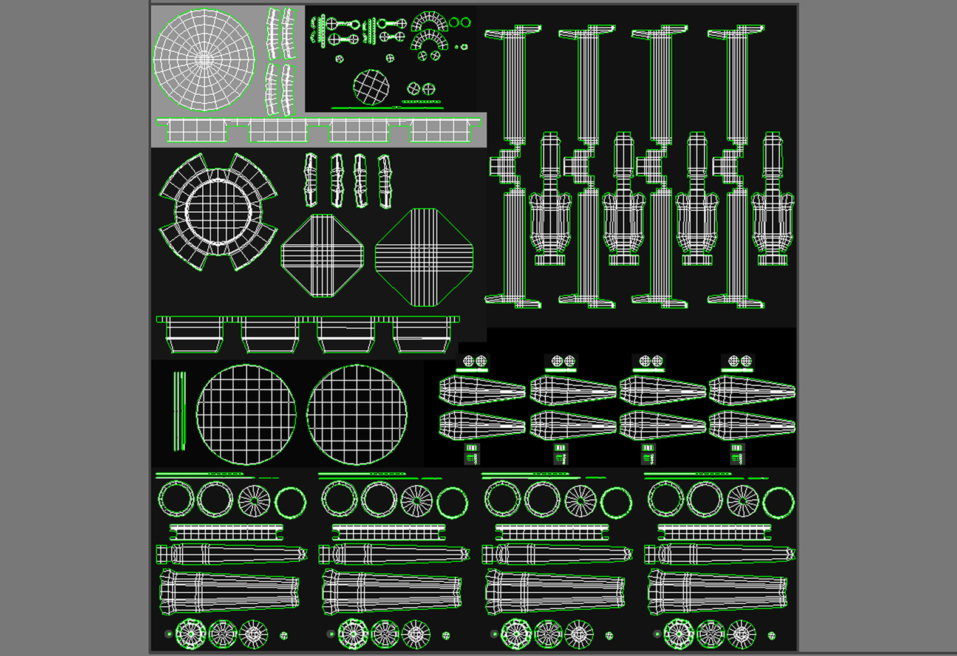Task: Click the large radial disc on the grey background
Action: point(204,60)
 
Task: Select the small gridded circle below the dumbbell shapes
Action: point(371,87)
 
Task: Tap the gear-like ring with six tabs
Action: point(219,211)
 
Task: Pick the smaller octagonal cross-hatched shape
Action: point(322,256)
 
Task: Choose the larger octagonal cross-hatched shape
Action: point(424,257)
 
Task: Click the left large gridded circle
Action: point(246,415)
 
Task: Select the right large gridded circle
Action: point(357,415)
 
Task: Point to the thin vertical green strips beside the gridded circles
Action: point(179,411)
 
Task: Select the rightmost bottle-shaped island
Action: point(772,200)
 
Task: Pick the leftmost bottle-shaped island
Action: point(550,200)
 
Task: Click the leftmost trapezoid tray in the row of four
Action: point(195,336)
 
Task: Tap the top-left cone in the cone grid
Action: point(482,390)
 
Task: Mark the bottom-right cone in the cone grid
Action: point(752,425)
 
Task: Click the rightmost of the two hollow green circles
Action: point(466,22)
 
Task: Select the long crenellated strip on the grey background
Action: point(319,130)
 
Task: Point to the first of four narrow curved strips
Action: point(310,180)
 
